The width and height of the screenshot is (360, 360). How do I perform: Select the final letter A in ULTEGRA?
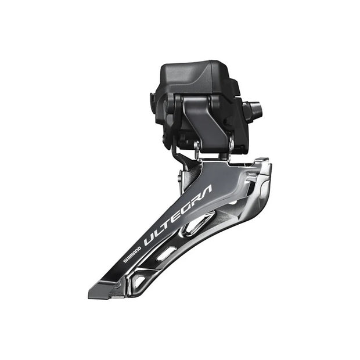tap(206, 192)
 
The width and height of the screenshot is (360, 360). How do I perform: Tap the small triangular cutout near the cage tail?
tap(138, 281)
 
